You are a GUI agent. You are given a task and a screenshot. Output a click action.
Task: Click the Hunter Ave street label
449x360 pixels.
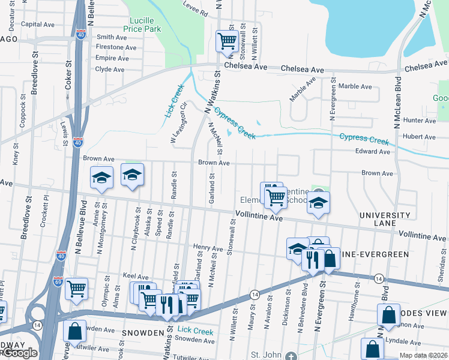(x=420, y=121)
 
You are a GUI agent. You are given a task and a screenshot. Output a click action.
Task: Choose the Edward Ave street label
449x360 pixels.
(x=373, y=152)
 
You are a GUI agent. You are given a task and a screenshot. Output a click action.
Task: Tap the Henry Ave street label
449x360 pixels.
(x=208, y=247)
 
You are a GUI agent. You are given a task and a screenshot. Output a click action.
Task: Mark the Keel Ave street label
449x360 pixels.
(x=135, y=276)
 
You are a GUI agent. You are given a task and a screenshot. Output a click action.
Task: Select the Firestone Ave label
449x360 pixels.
(x=112, y=47)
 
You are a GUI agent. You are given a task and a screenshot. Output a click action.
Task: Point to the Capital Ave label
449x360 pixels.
(x=38, y=25)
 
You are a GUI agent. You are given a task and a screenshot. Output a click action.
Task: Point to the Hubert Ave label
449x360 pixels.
(x=420, y=137)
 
